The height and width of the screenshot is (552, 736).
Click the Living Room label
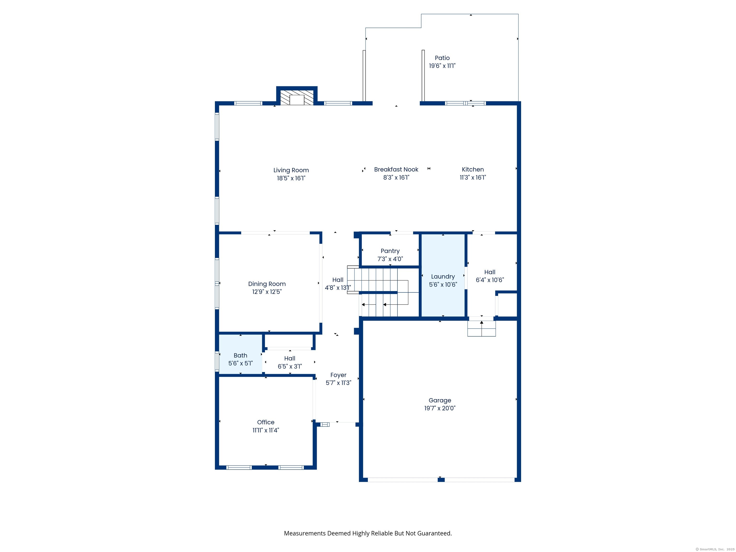[291, 170]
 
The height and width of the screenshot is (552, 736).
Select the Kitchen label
[472, 170]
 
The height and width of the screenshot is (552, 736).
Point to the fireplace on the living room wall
[297, 97]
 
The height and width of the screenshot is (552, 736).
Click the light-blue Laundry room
[443, 276]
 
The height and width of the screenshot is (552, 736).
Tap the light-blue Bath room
[240, 354]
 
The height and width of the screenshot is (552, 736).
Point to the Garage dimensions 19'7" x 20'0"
[440, 408]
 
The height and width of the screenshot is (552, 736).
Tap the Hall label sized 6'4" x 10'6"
[489, 272]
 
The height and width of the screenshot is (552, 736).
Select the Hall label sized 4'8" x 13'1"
[338, 280]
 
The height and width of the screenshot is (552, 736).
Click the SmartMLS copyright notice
[715, 549]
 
